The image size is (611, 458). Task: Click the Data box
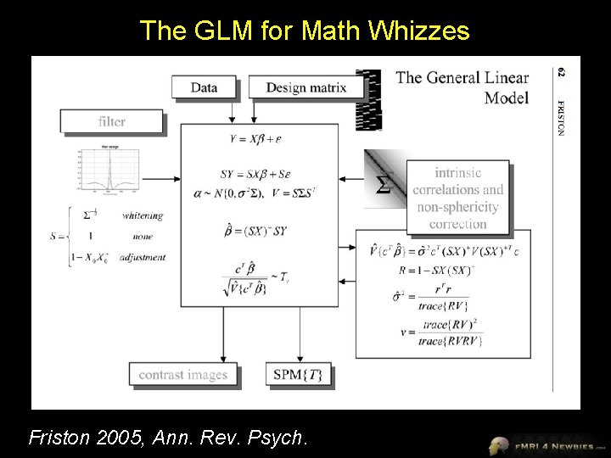(204, 87)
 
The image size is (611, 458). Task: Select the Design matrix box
(305, 87)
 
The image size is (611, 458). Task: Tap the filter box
(111, 121)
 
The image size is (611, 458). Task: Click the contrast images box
(182, 375)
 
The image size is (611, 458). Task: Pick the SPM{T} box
(298, 375)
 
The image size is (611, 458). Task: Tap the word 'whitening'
(142, 215)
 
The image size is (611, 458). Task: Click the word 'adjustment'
(143, 256)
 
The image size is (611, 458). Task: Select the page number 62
(560, 74)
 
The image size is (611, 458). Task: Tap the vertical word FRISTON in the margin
(560, 118)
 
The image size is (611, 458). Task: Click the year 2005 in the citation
(119, 438)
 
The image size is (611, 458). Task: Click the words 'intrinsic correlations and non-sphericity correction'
(457, 197)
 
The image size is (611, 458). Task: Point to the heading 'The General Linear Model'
(463, 87)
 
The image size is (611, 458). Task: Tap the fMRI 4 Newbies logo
(547, 444)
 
